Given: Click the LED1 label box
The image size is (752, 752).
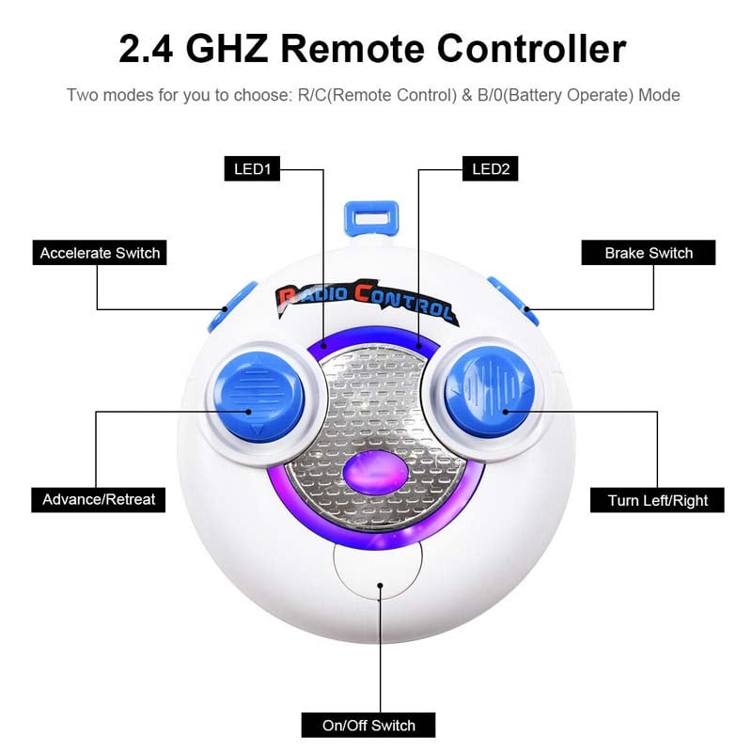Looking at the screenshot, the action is pos(252,169).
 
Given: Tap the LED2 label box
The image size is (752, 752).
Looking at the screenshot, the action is pos(490,169).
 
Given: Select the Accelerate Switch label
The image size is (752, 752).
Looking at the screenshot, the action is pos(100,253).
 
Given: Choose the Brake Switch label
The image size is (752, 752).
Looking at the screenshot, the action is pos(649,253).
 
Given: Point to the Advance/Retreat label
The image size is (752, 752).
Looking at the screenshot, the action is pos(99,500).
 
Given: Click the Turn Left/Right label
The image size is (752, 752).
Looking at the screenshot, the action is pos(657,500).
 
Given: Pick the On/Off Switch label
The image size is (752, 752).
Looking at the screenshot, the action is pos(368,726).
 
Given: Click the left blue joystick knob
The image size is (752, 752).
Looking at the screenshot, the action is pos(259,396).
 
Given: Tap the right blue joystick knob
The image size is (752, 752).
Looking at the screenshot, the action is pos(490,391).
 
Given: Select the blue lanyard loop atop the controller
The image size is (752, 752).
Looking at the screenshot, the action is pos(371,219).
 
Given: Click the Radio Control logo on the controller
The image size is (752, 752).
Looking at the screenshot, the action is pos(367,302).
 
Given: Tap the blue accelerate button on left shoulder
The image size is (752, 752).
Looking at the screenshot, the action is pos(231,307).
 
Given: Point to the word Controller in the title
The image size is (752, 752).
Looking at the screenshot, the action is pos(531,49).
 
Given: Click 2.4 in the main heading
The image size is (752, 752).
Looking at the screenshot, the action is pos(146,49).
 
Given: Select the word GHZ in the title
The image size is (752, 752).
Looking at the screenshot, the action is pos(227,49).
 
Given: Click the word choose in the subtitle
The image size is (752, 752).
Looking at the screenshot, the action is pos(263,95).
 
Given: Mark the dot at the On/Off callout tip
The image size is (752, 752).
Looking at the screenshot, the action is pos(380,586).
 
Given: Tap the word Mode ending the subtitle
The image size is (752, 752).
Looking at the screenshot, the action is pos(659,95).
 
